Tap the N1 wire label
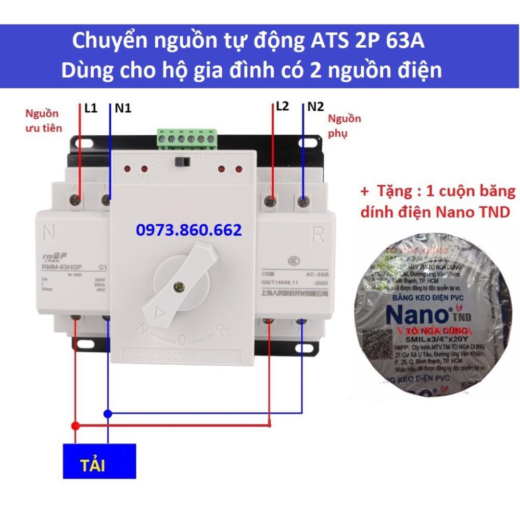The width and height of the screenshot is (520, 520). click(x=123, y=108)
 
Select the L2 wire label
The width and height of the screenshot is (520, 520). click(x=282, y=106)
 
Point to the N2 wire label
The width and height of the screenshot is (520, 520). click(x=315, y=107)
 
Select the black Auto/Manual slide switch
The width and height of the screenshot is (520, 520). click(x=182, y=161)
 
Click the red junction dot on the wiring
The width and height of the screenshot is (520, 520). click(x=75, y=426)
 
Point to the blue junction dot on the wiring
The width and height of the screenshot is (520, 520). click(x=107, y=414)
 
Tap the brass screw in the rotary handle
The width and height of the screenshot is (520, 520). click(x=181, y=286)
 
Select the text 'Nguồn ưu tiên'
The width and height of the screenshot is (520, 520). click(x=44, y=120)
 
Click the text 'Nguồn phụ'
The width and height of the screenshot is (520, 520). click(x=344, y=126)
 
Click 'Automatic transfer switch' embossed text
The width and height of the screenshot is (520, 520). click(x=181, y=357)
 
